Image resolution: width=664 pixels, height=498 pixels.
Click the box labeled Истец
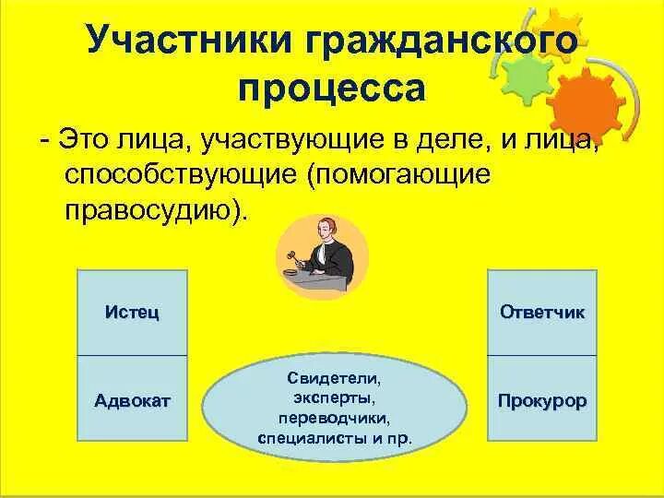(131, 313)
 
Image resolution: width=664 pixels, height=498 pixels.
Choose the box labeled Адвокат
(131, 400)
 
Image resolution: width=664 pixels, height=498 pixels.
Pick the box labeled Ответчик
(542, 313)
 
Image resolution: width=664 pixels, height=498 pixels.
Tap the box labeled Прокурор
(542, 401)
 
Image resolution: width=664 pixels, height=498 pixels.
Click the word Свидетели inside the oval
(333, 378)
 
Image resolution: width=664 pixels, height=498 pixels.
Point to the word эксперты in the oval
(333, 397)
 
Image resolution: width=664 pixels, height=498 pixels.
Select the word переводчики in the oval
(333, 417)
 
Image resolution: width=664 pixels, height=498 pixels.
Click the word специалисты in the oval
(308, 437)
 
